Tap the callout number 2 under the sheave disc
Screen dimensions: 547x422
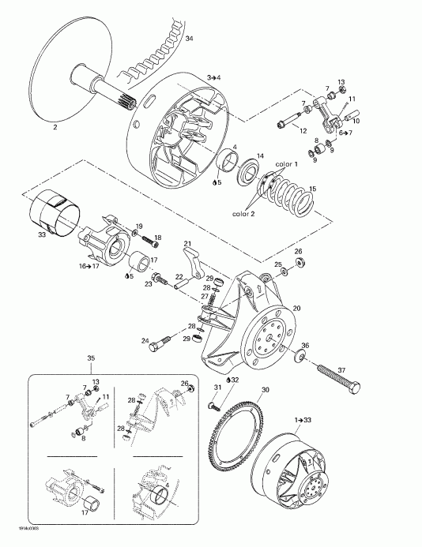[x=55, y=126]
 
